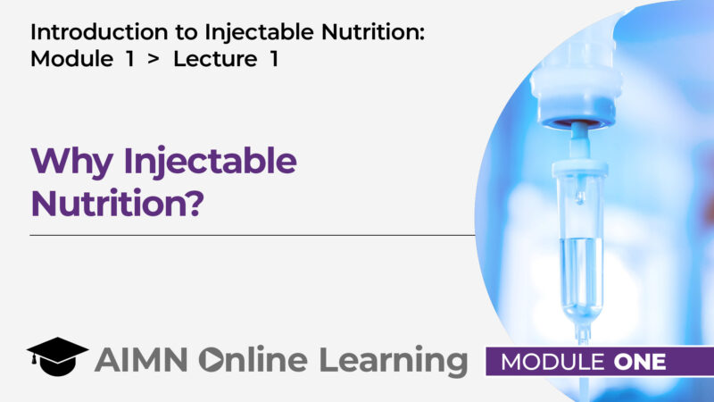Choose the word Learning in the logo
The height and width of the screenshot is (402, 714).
(x=393, y=361)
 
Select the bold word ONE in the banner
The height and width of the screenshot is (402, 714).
(x=639, y=362)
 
